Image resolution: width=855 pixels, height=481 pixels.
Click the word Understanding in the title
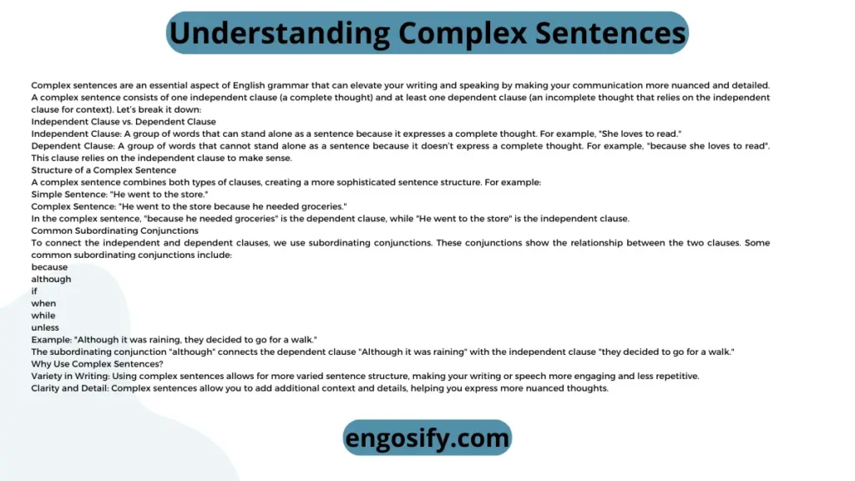pyautogui.click(x=280, y=33)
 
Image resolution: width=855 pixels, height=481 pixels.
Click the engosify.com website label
pyautogui.click(x=427, y=438)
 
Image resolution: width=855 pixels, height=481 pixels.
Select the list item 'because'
pyautogui.click(x=49, y=267)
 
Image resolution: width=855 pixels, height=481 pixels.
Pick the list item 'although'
pyautogui.click(x=51, y=279)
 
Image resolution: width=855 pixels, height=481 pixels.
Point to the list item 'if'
pyautogui.click(x=34, y=291)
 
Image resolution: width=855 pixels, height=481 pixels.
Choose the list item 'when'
pyautogui.click(x=43, y=303)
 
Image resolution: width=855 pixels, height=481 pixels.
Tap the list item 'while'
pyautogui.click(x=43, y=315)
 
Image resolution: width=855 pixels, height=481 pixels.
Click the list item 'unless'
pyautogui.click(x=45, y=327)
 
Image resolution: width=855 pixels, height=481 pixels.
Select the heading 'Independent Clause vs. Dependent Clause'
pyautogui.click(x=124, y=122)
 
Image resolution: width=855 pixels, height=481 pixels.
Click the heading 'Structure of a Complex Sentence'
pyautogui.click(x=104, y=170)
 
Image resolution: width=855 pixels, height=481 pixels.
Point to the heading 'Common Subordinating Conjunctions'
pyautogui.click(x=115, y=230)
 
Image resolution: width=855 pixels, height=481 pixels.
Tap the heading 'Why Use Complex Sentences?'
pyautogui.click(x=97, y=364)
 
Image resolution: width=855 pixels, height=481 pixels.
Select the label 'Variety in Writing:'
pyautogui.click(x=70, y=377)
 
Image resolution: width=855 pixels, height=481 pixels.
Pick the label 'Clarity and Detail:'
pyautogui.click(x=70, y=388)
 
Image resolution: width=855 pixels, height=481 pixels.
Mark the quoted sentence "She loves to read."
pyautogui.click(x=640, y=134)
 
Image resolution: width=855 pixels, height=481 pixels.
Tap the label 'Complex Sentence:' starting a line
pyautogui.click(x=73, y=207)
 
